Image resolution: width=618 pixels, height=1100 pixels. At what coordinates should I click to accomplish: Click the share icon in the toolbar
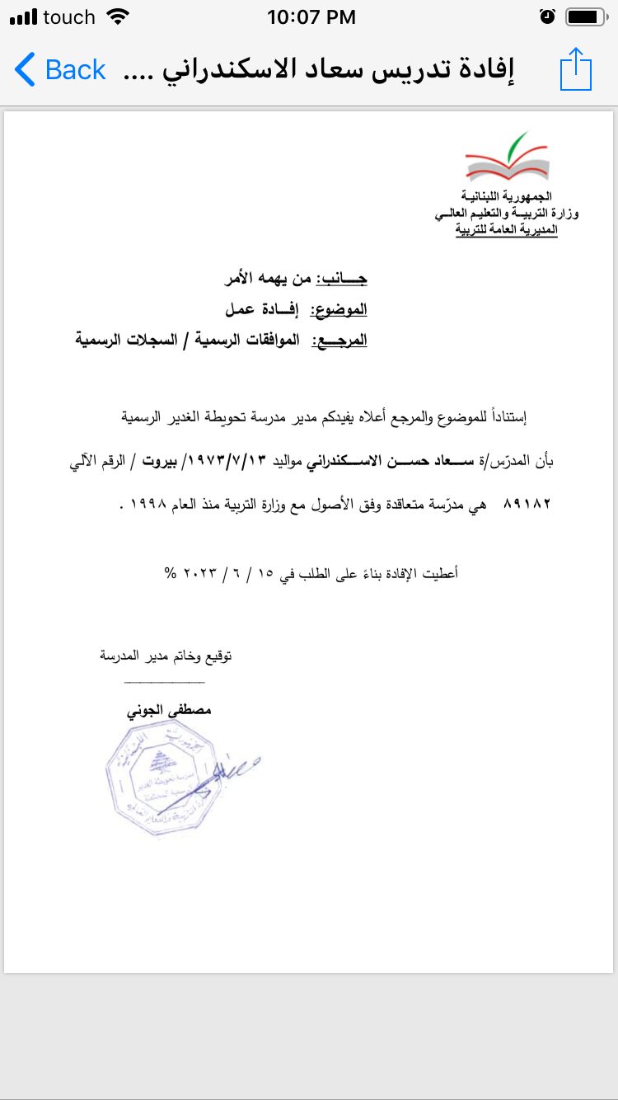576,69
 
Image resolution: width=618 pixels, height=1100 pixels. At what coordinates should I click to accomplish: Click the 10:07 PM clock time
311,16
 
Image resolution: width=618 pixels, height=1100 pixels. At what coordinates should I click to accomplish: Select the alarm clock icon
547,16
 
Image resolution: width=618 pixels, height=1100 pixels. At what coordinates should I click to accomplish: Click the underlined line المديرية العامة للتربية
507,229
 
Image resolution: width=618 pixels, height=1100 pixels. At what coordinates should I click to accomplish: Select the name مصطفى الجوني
169,709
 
